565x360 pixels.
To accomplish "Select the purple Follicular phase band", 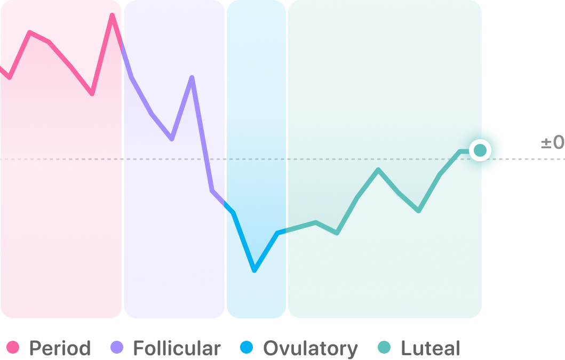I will (x=174, y=107).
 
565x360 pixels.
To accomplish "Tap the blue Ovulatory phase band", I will (x=256, y=107).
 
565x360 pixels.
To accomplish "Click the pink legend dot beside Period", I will (x=12, y=348).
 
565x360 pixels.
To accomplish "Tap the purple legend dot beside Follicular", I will (x=116, y=348).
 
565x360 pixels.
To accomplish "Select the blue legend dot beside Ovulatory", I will (x=246, y=348).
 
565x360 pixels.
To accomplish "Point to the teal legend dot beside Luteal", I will (x=384, y=348).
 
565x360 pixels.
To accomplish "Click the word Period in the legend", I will (x=60, y=349).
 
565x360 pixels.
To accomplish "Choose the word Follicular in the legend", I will (x=177, y=349).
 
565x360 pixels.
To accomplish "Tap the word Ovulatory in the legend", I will (x=311, y=349).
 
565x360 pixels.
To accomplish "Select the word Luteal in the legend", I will (x=430, y=349).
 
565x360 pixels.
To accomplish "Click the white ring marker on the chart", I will (x=480, y=151).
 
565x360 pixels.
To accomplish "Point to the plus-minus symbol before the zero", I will (x=546, y=143).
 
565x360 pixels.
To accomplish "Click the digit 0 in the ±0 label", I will (x=558, y=143).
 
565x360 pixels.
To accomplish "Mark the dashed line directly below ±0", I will (x=552, y=159).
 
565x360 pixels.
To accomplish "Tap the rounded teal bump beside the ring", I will (x=497, y=150).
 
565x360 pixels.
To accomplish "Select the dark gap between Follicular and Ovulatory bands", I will (x=226, y=107).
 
